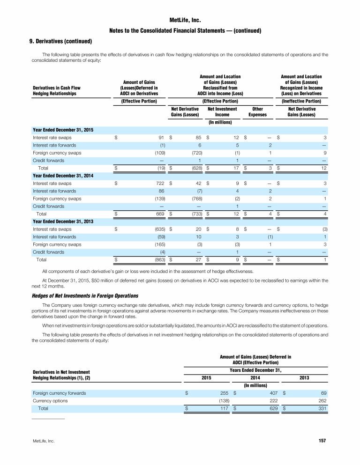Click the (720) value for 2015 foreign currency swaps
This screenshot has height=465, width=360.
pyautogui.click(x=197, y=153)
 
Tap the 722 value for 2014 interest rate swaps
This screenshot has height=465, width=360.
pyautogui.click(x=159, y=184)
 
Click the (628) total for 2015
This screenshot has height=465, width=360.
pyautogui.click(x=197, y=168)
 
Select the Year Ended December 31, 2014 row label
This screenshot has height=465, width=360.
pyautogui.click(x=63, y=176)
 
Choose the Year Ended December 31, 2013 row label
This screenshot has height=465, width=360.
pyautogui.click(x=63, y=222)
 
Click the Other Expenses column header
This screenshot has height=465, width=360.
pyautogui.click(x=257, y=112)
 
